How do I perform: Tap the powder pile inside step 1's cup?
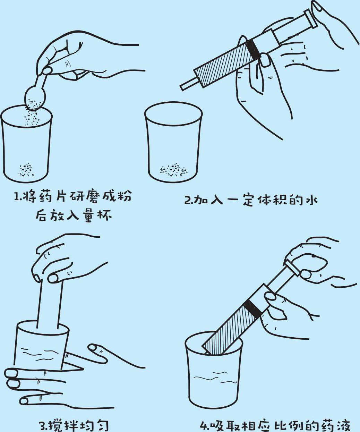(26, 170)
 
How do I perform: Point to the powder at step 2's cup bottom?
(173, 170)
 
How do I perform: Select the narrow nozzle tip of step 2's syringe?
(189, 84)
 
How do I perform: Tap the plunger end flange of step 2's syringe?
(310, 19)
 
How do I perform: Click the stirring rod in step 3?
(50, 306)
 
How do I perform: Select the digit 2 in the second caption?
(188, 200)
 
